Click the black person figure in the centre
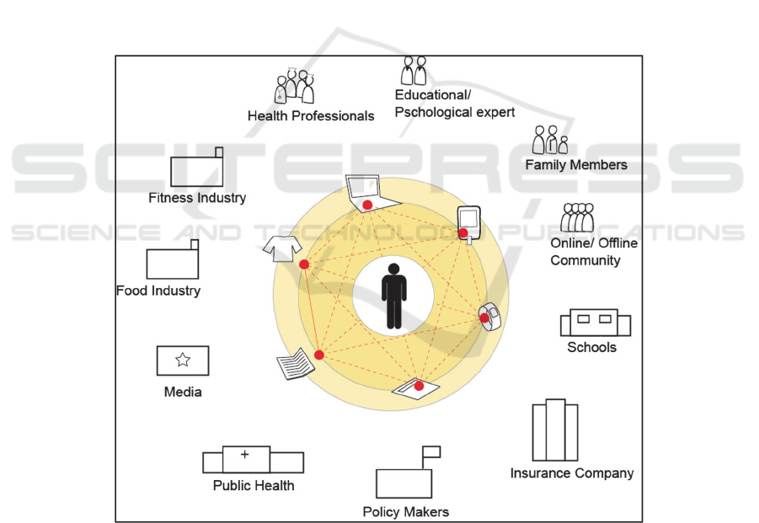393,296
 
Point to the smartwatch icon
489,315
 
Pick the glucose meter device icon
467,224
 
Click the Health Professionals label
311,116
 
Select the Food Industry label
158,291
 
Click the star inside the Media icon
183,360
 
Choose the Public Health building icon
253,460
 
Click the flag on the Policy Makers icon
432,451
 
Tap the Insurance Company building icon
554,430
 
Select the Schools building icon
595,323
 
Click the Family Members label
576,165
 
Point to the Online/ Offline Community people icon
578,218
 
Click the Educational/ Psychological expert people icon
413,72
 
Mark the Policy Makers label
406,512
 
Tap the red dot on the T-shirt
304,264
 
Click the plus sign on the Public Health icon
244,455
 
